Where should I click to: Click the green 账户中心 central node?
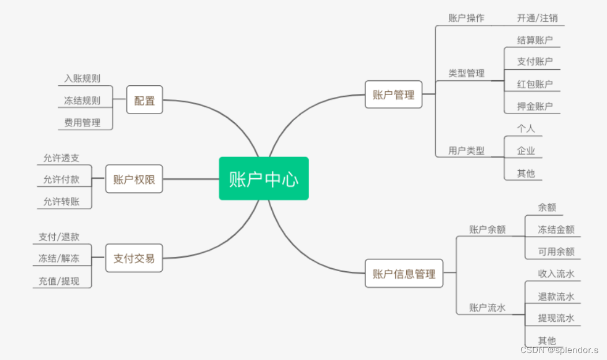tap(264, 179)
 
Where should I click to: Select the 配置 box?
tap(145, 100)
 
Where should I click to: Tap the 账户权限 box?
tap(134, 179)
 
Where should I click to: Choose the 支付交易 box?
tap(134, 258)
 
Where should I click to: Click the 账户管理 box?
tap(394, 95)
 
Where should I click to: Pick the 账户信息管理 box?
tap(404, 273)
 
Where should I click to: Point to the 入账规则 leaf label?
tap(82, 78)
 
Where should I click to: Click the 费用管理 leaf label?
tap(82, 122)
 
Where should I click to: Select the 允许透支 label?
tap(61, 157)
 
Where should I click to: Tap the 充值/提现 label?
tap(59, 281)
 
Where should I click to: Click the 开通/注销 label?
tap(537, 18)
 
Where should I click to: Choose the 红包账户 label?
tap(535, 84)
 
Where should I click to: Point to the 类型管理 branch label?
tap(467, 73)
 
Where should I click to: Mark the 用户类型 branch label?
tap(467, 151)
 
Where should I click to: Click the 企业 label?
tap(526, 151)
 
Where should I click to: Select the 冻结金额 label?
tap(556, 229)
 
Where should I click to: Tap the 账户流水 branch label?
tap(487, 307)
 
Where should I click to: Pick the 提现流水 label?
tap(556, 318)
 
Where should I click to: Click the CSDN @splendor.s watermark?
tap(559, 350)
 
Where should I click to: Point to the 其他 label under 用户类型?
tap(526, 172)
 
